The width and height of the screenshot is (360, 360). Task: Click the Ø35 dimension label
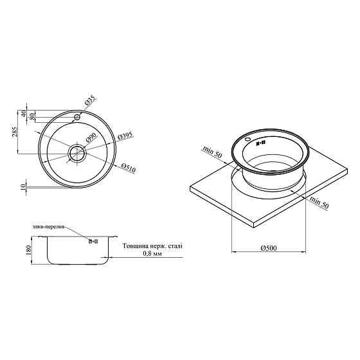point(90,101)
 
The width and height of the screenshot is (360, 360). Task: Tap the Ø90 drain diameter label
point(91,138)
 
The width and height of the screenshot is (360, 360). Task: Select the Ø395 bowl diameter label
point(125,136)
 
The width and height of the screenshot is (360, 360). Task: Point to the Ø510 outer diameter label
point(129,168)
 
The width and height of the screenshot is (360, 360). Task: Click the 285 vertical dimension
point(14,132)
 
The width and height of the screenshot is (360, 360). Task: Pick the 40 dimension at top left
point(23,114)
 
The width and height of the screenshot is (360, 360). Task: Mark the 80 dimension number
point(32,116)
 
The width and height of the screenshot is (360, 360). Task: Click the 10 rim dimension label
point(23,186)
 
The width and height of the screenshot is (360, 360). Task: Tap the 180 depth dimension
point(28,250)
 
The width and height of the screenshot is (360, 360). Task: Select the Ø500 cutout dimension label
point(269,248)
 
